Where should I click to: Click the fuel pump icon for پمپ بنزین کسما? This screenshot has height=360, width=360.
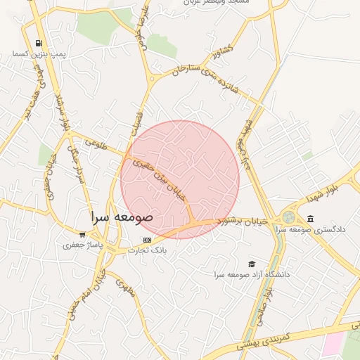click(39, 43)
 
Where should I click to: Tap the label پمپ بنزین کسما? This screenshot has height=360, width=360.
click(39, 53)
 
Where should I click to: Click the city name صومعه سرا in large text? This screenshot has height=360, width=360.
click(122, 216)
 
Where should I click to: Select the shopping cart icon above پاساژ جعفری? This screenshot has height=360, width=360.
click(82, 235)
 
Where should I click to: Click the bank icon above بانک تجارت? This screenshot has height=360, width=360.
click(146, 240)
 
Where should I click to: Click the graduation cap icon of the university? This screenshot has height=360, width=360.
click(251, 264)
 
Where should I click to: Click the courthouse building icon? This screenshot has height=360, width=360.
click(310, 219)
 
